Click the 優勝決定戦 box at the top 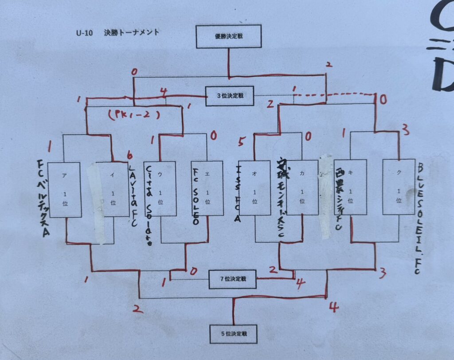228,36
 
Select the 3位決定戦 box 229,96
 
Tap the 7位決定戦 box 233,279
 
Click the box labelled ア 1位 65,190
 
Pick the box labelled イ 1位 113,190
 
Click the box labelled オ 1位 254,188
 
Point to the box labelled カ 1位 302,188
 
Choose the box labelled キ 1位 350,187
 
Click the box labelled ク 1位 398,187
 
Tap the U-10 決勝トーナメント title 117,32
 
